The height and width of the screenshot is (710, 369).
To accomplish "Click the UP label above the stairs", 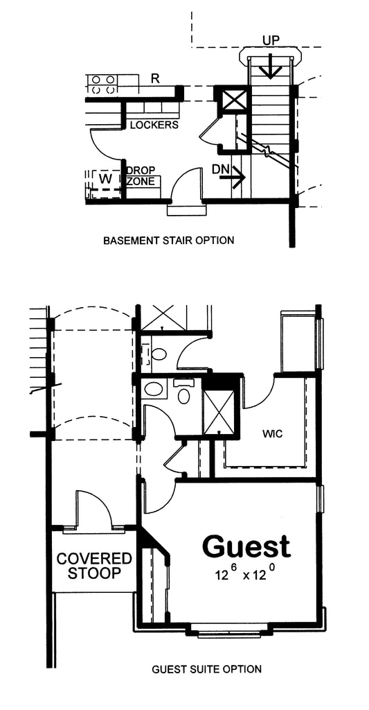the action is (271, 40).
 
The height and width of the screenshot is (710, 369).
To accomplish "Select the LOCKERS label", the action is (154, 125).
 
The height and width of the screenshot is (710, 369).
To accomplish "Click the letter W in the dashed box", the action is (105, 178).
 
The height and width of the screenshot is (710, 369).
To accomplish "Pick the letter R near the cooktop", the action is (155, 78).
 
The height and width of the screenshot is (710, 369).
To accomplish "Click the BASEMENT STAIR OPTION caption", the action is (169, 240).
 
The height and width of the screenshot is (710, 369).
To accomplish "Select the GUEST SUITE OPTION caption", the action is (207, 668).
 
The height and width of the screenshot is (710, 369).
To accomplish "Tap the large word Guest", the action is (246, 546).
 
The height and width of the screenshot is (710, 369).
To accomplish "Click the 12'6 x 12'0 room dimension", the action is (246, 573).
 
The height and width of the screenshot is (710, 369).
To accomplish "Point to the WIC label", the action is (273, 434).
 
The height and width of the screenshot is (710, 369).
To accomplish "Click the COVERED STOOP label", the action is (94, 566).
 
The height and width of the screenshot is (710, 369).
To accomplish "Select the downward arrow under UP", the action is (271, 66).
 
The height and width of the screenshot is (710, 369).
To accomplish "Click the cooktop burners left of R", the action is (103, 84).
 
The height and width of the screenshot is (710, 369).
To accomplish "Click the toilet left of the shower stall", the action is (184, 392).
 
